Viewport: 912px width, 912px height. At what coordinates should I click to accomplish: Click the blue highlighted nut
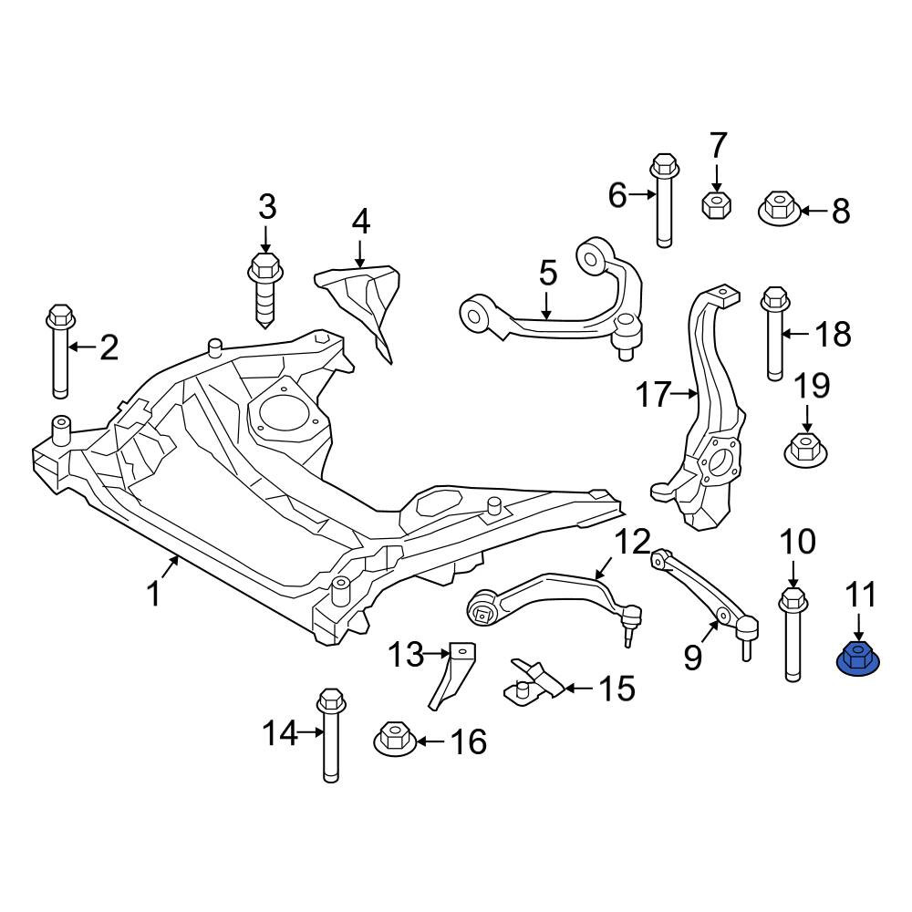coord(858,660)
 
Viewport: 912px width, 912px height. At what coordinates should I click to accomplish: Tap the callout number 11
coord(861,595)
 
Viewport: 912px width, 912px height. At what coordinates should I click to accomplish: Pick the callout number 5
coord(548,274)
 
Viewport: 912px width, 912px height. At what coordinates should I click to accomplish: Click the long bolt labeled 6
coord(665,200)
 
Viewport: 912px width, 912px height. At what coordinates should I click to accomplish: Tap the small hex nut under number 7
coord(717,204)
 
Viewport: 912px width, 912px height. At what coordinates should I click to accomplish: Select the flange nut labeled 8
coord(781,209)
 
